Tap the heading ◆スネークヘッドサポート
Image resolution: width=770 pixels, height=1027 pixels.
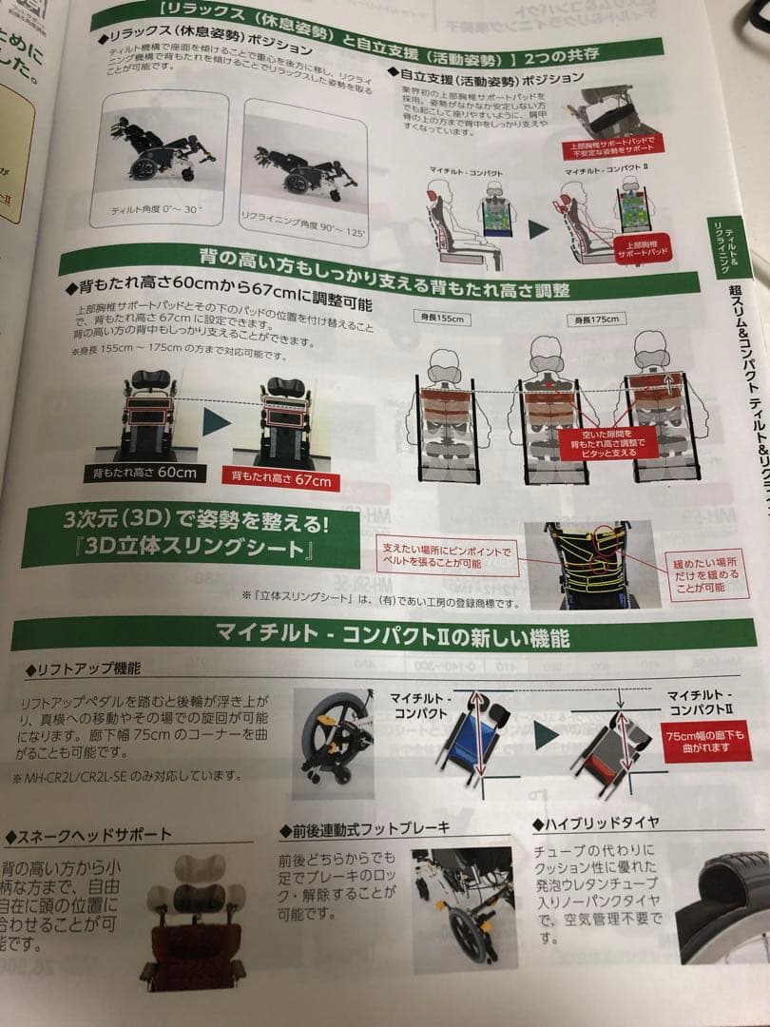90,835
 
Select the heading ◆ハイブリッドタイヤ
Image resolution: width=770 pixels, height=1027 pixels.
596,821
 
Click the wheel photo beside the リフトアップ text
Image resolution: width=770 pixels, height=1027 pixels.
335,737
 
